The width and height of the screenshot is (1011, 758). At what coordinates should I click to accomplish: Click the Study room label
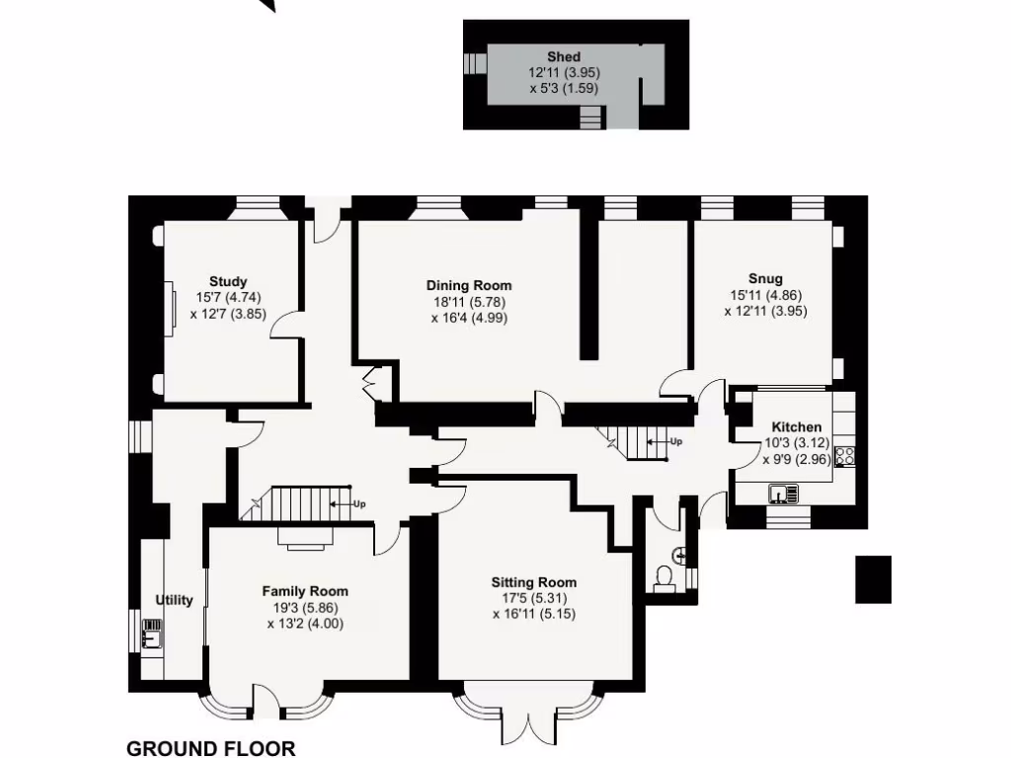228,281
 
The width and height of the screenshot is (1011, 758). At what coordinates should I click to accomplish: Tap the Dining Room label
469,285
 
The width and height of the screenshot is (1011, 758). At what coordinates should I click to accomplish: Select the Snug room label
765,278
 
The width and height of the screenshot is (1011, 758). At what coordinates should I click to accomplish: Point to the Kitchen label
796,426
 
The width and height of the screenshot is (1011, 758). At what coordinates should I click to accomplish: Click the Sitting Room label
533,582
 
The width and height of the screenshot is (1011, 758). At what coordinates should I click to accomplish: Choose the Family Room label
305,591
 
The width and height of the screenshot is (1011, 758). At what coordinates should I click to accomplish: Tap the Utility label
175,600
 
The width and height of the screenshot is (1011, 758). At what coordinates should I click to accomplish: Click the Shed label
564,57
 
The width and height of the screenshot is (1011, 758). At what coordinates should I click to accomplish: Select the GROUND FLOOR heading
210,748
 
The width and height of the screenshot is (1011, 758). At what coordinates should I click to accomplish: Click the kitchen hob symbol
844,456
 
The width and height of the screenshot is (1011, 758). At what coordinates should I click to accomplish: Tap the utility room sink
152,633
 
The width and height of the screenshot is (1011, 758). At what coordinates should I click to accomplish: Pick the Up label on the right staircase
675,441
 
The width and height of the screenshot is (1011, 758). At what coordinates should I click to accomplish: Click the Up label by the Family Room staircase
359,503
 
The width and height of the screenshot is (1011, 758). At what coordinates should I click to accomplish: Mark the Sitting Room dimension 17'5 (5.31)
533,598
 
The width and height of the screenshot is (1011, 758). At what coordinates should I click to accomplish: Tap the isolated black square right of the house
873,579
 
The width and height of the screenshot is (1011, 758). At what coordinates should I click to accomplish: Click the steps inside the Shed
590,119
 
